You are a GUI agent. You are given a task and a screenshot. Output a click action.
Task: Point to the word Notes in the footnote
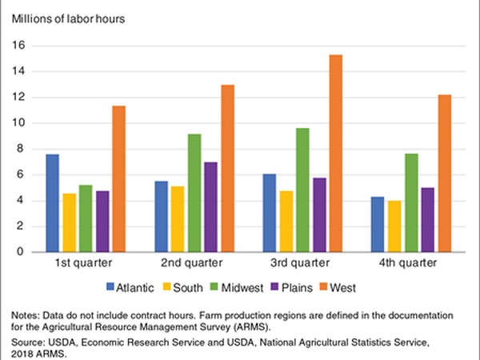coord(21,314)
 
